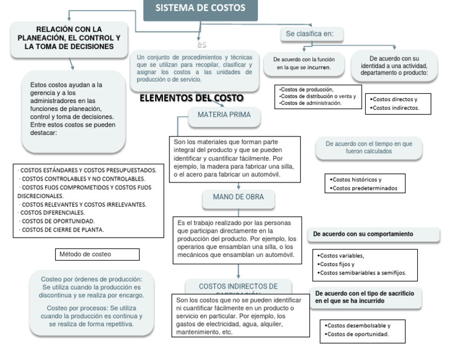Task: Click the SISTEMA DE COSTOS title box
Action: click(x=200, y=8)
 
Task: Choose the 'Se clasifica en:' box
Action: click(x=310, y=33)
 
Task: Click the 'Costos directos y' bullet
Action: click(x=394, y=99)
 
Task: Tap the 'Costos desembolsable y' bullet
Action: click(x=358, y=325)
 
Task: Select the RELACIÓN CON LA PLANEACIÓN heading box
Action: click(x=70, y=38)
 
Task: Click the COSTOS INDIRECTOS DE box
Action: click(x=239, y=286)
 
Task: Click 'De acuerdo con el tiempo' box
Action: click(x=369, y=147)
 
